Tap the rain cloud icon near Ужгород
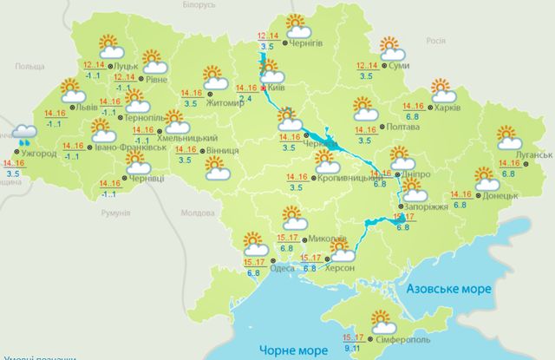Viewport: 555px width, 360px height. pos(24,132)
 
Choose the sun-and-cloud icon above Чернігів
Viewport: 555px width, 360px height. pos(297,25)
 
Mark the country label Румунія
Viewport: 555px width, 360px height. pos(115,213)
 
